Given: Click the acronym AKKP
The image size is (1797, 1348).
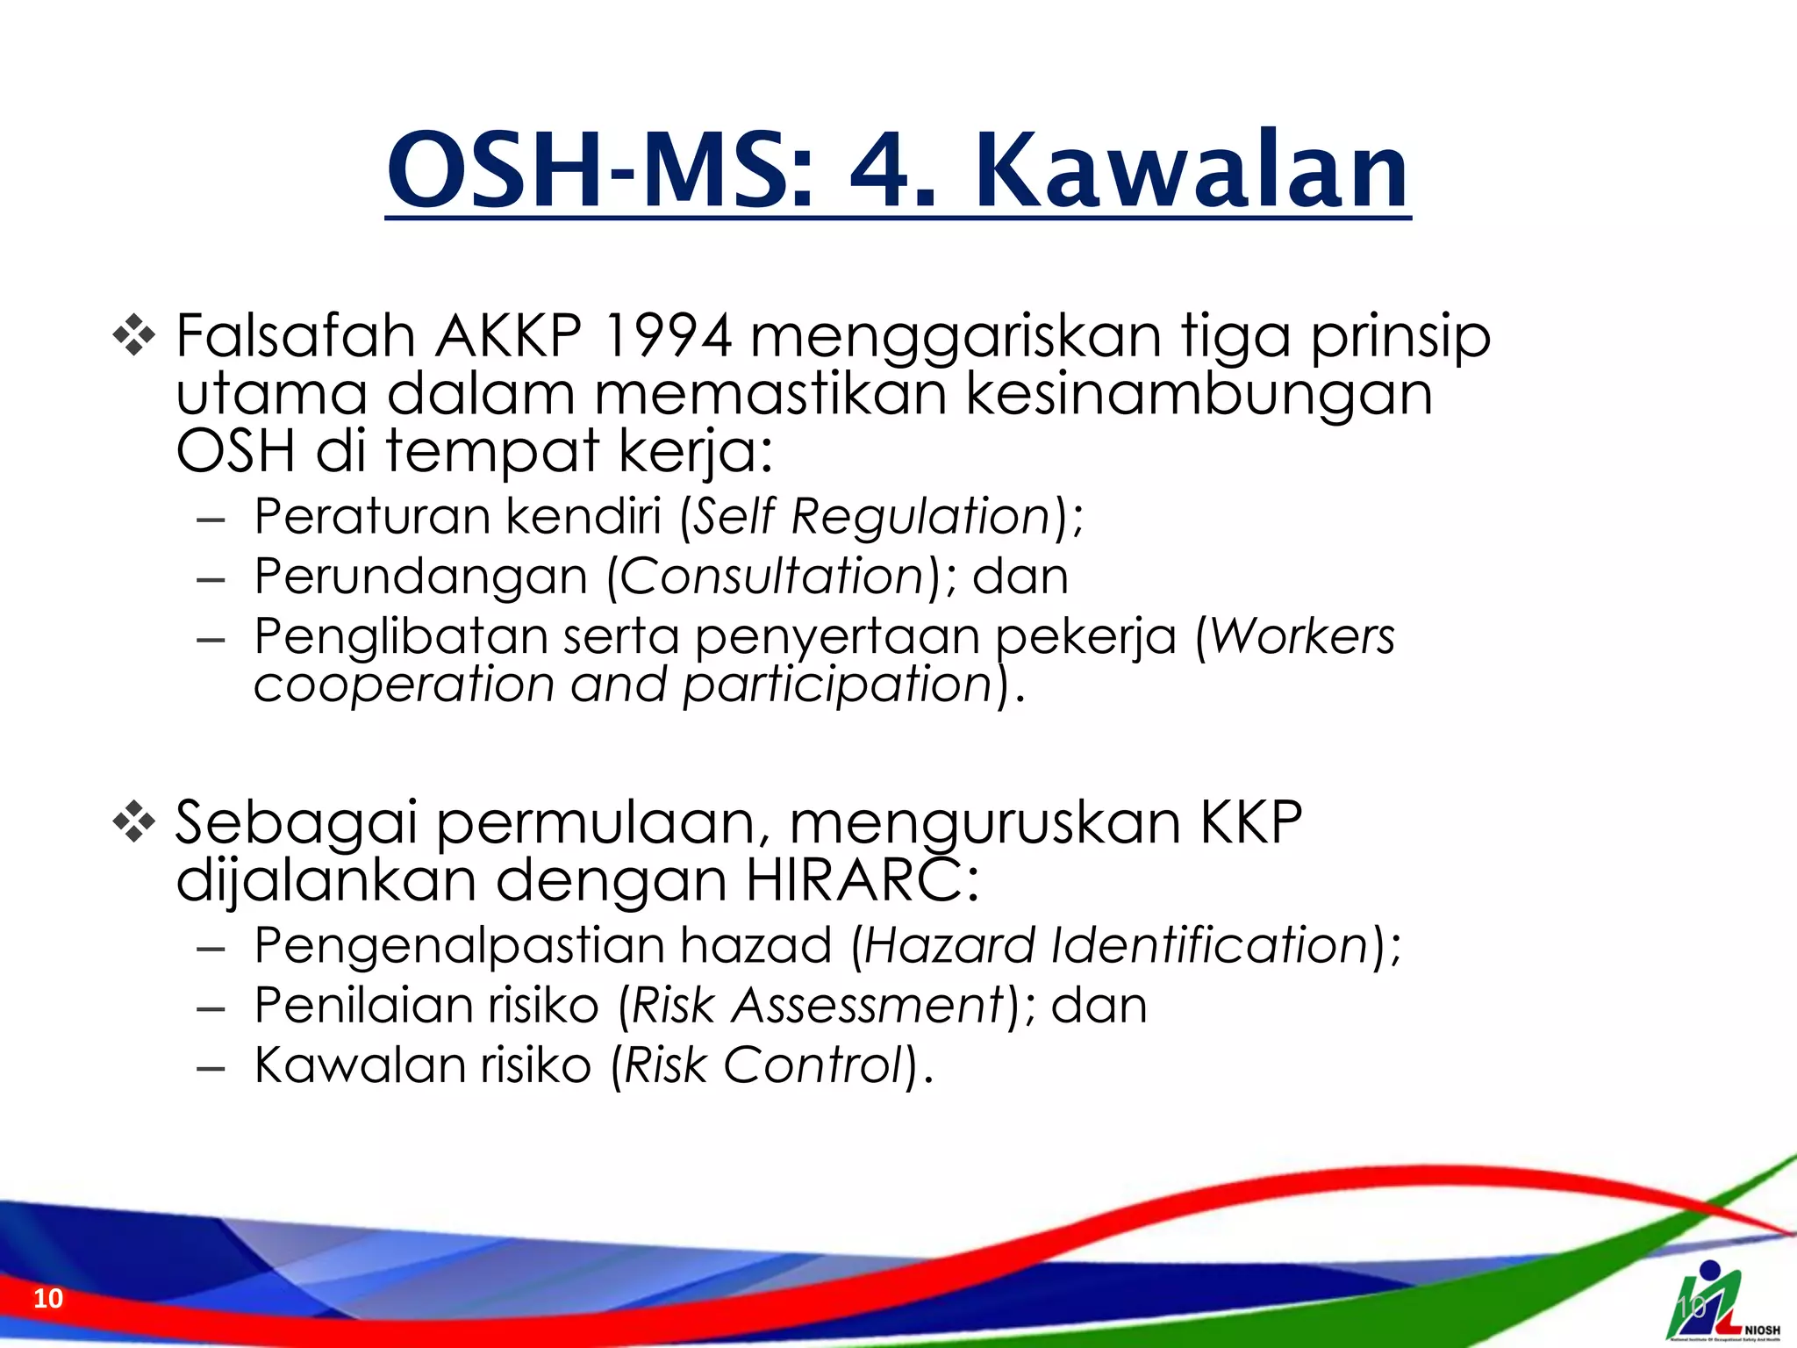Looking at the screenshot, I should pos(509,336).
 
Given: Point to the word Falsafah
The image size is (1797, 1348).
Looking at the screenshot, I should pos(295,336).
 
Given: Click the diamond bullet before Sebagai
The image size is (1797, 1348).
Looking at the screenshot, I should pos(134,823).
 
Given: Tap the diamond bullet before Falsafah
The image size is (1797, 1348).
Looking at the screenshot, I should pos(134,336).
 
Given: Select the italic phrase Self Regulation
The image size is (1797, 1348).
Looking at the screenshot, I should pos(871,516).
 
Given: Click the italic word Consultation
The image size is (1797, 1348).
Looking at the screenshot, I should pos(772,577).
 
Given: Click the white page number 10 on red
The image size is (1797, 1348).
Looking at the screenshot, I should pos(48,1298).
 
